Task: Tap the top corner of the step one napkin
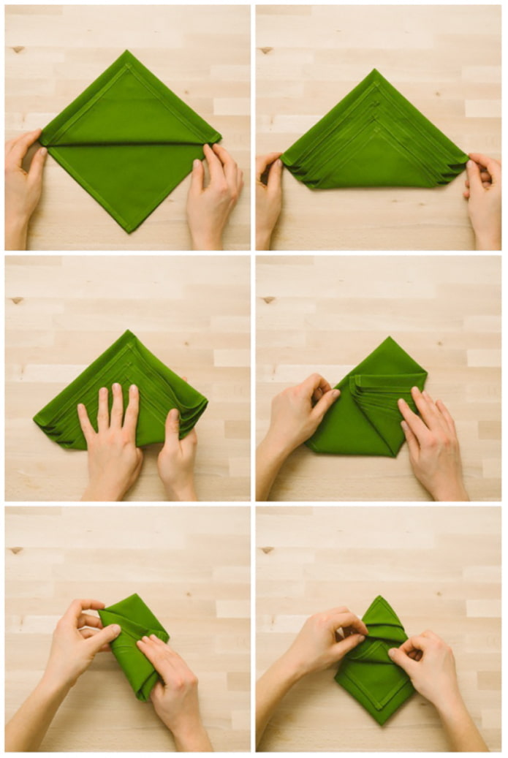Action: (127, 52)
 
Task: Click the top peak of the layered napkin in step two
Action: (374, 71)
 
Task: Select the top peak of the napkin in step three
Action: (129, 332)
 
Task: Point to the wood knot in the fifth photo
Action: (16, 550)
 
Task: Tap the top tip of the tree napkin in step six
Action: (379, 597)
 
